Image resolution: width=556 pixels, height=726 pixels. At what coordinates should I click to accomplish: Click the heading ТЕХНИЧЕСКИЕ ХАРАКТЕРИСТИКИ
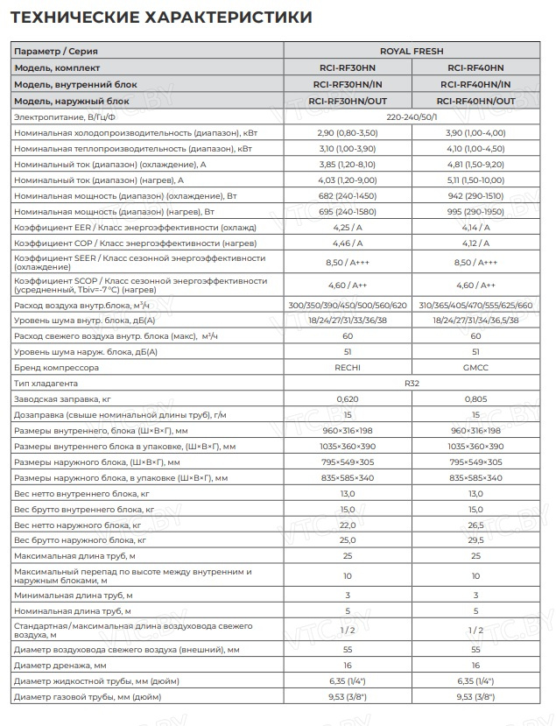(160, 18)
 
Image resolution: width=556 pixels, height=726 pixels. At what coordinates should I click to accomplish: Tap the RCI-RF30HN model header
(347, 67)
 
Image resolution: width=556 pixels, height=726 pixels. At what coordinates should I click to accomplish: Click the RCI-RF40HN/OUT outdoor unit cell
(475, 101)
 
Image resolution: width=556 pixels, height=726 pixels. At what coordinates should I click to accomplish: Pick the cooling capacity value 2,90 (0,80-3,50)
(347, 132)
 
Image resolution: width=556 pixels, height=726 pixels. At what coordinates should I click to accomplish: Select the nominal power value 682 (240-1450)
(347, 195)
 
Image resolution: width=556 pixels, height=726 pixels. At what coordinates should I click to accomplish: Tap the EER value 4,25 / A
(347, 227)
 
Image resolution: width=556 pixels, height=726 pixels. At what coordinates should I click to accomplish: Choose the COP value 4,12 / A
(475, 243)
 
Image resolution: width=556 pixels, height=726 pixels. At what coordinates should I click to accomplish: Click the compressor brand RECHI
(347, 368)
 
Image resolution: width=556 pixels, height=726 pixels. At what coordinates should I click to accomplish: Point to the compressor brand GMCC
(475, 368)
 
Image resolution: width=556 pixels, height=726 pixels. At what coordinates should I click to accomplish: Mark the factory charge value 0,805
(475, 399)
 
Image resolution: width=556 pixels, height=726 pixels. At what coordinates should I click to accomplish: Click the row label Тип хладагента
(46, 384)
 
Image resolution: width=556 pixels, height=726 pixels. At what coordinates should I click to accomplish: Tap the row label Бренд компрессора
(57, 368)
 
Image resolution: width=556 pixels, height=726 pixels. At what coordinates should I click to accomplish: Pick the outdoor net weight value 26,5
(475, 525)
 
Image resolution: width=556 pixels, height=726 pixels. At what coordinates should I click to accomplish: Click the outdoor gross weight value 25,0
(347, 540)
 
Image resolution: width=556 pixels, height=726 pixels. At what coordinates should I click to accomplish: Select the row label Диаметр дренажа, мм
(60, 665)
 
